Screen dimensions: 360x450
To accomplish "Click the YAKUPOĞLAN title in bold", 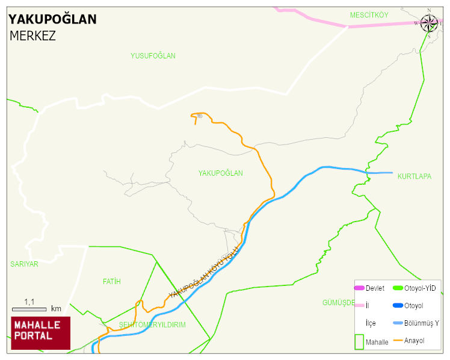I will (52, 19).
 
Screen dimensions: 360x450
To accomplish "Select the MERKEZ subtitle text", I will (32, 36).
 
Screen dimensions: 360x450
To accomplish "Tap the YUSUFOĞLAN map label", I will (153, 56).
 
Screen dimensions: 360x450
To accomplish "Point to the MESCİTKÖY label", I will (369, 14).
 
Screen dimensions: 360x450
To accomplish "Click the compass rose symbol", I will (429, 23).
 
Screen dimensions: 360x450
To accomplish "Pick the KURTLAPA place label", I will (414, 176).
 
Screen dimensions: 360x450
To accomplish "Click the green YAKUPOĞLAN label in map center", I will (220, 173).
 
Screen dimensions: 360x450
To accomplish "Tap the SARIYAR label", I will (24, 264).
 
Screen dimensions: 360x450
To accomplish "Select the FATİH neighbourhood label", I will (112, 281).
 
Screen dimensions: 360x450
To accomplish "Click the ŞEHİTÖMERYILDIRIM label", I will (152, 324).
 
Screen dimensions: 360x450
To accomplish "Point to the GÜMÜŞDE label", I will (339, 302).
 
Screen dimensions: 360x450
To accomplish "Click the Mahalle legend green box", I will (360, 341).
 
